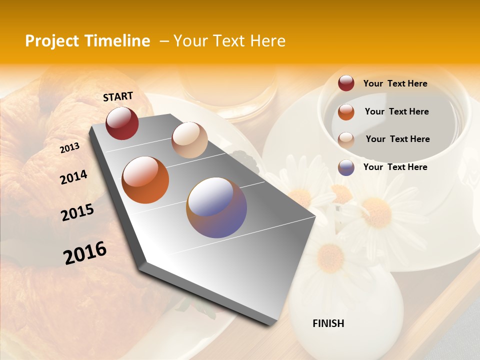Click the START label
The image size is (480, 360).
tap(118, 96)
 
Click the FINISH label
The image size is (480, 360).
tap(328, 323)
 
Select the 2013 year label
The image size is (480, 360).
tap(69, 148)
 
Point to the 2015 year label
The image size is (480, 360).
tap(77, 212)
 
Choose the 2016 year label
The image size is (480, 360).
tap(85, 253)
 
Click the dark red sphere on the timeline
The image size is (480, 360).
tap(122, 123)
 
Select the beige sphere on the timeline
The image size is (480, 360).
tap(189, 140)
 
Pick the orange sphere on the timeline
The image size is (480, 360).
tap(145, 180)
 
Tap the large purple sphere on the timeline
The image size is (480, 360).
tap(216, 207)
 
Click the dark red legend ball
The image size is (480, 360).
tap(346, 83)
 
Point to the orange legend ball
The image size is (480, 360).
tap(346, 112)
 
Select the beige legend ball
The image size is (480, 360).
tap(346, 139)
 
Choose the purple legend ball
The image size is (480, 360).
tap(346, 167)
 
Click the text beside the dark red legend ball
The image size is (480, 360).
tap(395, 84)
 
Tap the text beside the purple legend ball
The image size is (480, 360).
tap(395, 167)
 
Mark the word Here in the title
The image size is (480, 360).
tap(267, 41)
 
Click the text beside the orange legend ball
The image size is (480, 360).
tap(396, 111)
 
